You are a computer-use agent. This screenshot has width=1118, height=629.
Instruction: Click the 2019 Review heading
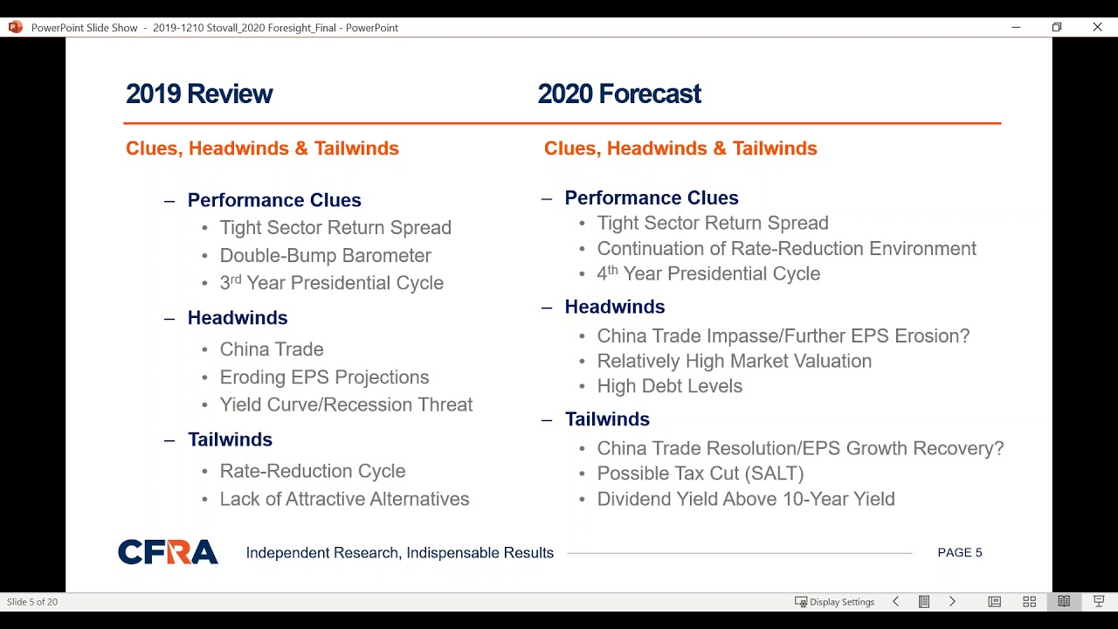(199, 94)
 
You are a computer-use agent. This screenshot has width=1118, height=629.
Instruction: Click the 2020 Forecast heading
(619, 94)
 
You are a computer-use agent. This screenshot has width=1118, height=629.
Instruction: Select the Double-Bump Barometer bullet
(325, 256)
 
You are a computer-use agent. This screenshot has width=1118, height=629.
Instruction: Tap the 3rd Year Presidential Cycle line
(331, 283)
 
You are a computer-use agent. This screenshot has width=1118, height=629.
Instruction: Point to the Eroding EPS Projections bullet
(324, 377)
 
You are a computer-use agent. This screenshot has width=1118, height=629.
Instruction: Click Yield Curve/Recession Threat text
(346, 404)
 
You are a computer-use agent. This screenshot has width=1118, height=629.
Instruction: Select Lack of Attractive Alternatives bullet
(344, 499)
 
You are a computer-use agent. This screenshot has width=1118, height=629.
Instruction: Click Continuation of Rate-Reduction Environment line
(786, 249)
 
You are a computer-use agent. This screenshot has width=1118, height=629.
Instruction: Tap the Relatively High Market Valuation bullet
(734, 361)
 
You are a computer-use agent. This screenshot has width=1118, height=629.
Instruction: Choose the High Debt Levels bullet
(669, 386)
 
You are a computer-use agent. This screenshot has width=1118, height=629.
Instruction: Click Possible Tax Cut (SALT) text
(700, 473)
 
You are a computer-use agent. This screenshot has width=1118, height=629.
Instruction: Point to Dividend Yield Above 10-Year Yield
(745, 499)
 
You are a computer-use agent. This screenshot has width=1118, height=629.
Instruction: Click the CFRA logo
(168, 552)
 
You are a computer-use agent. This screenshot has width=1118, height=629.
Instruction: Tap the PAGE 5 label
(959, 553)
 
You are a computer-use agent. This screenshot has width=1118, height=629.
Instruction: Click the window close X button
(1097, 27)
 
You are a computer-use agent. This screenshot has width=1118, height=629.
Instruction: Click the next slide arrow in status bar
(952, 602)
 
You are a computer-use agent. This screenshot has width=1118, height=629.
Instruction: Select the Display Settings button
(834, 602)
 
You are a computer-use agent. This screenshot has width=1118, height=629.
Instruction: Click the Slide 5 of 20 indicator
(32, 602)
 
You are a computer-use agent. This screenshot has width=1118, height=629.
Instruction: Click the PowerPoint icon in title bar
(15, 27)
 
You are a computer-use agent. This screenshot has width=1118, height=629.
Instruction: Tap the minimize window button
(1016, 27)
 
